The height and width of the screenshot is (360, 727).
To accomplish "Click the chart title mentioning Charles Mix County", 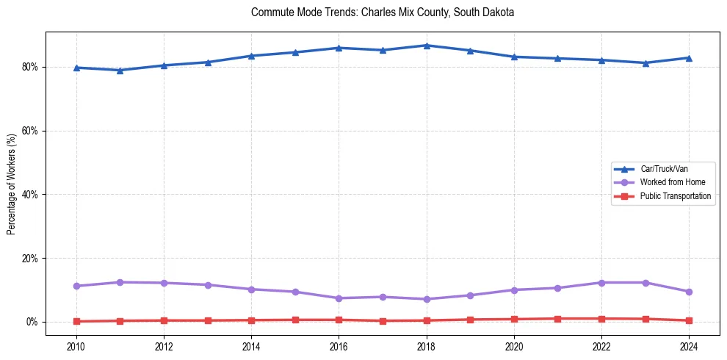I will [x=383, y=12].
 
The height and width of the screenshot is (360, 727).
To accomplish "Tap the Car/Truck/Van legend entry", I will [x=664, y=169].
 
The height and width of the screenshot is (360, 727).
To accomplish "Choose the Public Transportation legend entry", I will [x=675, y=196].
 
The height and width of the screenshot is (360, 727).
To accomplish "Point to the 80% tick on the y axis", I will [x=32, y=67].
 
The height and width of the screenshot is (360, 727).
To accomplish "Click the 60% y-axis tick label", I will [x=32, y=131].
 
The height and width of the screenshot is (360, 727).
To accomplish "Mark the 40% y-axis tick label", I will [x=32, y=195].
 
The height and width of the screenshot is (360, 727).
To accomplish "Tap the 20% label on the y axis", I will [x=32, y=259].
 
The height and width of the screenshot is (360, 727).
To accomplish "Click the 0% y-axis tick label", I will [x=35, y=322].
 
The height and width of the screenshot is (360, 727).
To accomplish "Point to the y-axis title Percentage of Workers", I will [x=12, y=184].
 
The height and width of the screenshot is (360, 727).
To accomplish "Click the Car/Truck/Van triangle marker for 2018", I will [x=427, y=46].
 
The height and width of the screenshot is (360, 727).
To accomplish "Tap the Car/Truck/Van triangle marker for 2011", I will [x=120, y=71].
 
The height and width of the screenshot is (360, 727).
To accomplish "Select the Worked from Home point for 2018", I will [x=427, y=299].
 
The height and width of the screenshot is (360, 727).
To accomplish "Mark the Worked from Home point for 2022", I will [x=601, y=283].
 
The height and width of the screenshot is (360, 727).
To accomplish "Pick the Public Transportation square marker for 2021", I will [x=557, y=319].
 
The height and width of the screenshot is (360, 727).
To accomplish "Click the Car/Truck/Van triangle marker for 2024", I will [x=689, y=58].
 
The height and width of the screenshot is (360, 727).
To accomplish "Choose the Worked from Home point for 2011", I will [x=120, y=282].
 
